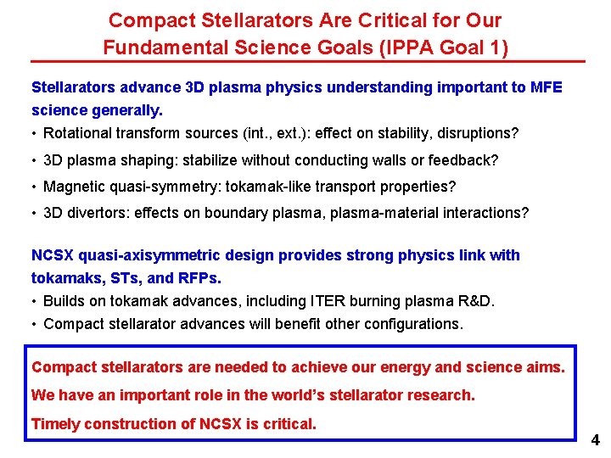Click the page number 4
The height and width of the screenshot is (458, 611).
[x=595, y=440]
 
